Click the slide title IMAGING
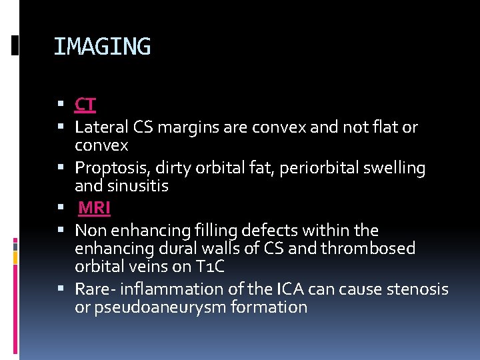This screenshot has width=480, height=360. [x=102, y=47]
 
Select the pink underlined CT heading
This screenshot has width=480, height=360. [x=85, y=105]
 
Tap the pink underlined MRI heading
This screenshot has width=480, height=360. [x=94, y=209]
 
